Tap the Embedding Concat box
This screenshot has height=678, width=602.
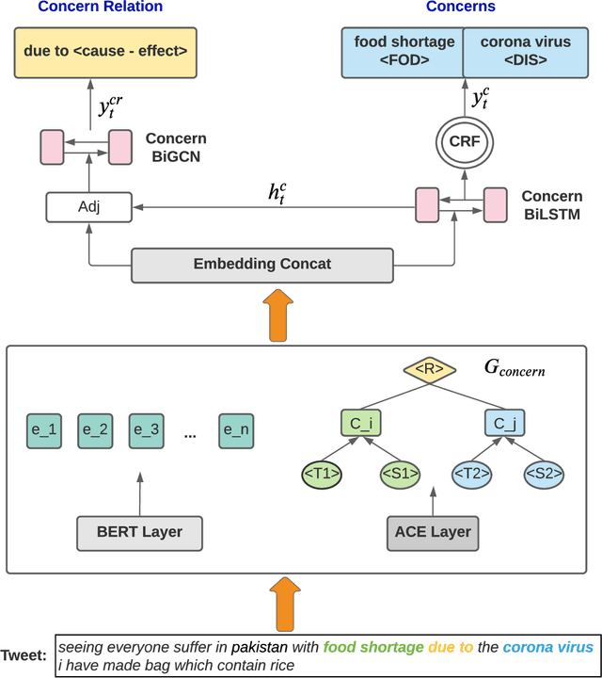point(261,265)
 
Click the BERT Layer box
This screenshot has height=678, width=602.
point(139,533)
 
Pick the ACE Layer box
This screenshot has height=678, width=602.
point(434,533)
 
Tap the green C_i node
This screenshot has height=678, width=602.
point(361,424)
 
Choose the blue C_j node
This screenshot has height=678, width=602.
point(505,424)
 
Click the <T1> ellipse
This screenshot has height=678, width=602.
point(323,474)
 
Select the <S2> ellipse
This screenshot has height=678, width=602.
point(543,474)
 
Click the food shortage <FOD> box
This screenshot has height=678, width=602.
point(404,52)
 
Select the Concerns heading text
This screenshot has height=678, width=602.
point(461,8)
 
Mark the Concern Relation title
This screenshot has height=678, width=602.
point(101,8)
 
